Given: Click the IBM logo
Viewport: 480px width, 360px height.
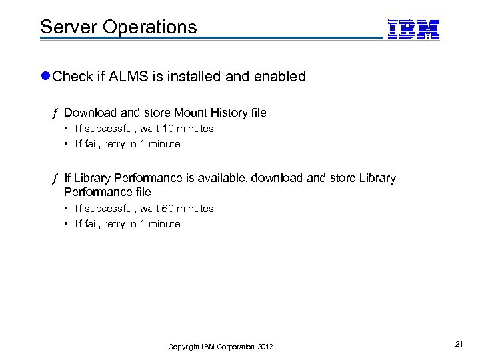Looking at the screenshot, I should (413, 28).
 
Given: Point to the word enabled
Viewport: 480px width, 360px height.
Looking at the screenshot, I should (280, 76).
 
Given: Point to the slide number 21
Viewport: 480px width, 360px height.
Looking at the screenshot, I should (459, 343).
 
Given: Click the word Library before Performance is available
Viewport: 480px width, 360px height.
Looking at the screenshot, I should (92, 178).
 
